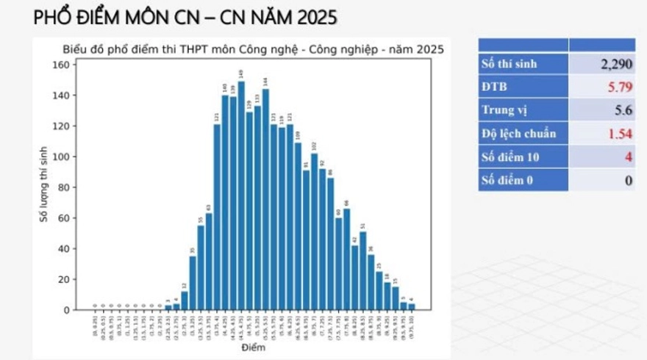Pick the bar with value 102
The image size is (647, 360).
coord(314,231)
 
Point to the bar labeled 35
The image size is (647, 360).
coord(193,283)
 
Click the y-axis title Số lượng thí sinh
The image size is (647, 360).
coord(43,187)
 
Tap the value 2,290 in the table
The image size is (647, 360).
coord(616,64)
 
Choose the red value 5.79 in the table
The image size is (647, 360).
coord(620,87)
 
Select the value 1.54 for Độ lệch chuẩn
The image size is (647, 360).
coord(620,134)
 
